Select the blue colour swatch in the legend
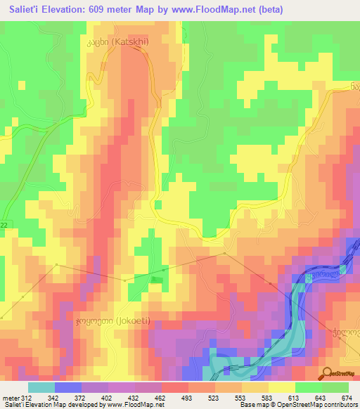[x=67, y=387]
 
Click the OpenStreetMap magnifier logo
[x=326, y=374]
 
